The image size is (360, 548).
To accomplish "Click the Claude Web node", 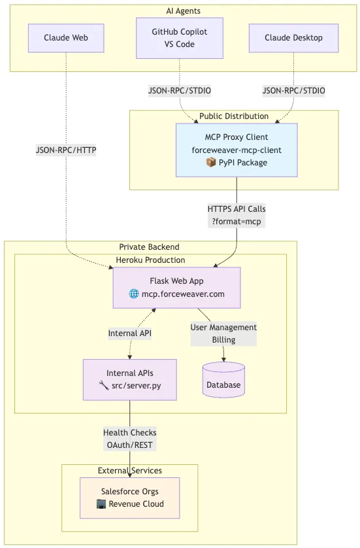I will coord(66,38).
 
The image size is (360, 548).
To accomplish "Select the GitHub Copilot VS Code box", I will coord(180,38).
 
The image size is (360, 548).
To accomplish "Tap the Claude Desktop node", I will coord(293,38).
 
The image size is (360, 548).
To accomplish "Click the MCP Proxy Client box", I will coord(237,150).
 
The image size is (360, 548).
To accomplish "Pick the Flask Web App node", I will coord(176,288).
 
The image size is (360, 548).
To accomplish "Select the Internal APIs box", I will coord(129,379).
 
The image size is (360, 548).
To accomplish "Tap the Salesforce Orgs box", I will coord(129,498).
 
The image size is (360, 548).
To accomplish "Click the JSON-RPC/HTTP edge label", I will coord(66,150).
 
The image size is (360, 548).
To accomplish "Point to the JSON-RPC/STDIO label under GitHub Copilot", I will coord(180,90).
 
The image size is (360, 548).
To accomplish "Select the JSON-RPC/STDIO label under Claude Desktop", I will coord(293,90).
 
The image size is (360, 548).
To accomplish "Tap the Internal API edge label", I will coord(129,333).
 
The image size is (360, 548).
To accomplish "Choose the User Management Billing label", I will coord(223,334).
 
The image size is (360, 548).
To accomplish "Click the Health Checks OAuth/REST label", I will coord(129,439).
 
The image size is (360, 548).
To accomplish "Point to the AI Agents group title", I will coord(183,11).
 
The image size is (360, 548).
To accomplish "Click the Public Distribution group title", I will coord(234,116).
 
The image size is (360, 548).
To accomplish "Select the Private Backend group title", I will coord(149,247).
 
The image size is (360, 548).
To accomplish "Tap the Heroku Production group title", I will coord(150,260).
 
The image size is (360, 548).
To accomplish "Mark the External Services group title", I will coord(129,470).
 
